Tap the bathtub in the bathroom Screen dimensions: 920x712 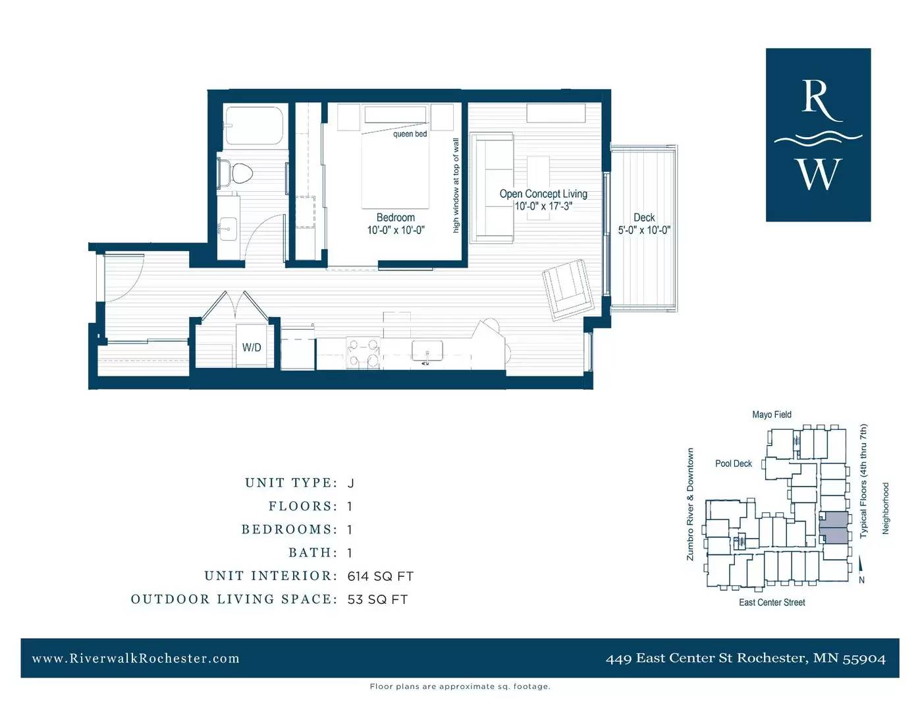(254, 126)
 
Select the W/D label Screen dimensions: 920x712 (252, 347)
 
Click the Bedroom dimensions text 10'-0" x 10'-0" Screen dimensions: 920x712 (396, 230)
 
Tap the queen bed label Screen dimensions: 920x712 (410, 134)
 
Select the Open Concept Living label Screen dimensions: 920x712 (543, 194)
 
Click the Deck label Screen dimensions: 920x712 (644, 218)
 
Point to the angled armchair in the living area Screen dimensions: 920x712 (568, 289)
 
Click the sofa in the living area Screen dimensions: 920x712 (492, 188)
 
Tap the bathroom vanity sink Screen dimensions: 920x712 (229, 229)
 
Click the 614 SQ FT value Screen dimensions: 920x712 (380, 576)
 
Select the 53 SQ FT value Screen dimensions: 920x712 (377, 600)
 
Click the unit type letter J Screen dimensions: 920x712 (350, 483)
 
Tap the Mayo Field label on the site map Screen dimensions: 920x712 (771, 415)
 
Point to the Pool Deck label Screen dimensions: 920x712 (733, 463)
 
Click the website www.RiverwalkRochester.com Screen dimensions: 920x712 (136, 658)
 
